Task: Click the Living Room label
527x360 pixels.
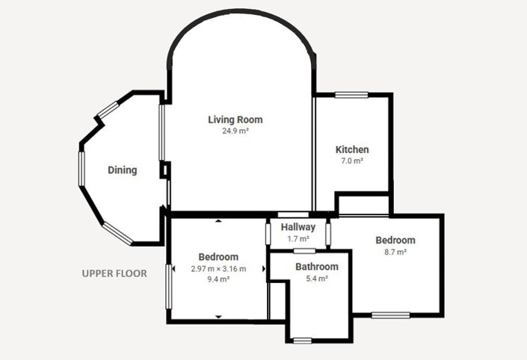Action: (235, 120)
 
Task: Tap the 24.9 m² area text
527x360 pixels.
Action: (235, 131)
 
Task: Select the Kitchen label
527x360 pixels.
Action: (352, 149)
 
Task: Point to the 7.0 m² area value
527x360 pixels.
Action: (352, 161)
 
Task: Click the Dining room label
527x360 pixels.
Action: (123, 170)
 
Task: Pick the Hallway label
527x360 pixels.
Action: (298, 227)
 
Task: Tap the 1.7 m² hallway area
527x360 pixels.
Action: (298, 239)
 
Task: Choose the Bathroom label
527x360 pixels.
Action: (317, 267)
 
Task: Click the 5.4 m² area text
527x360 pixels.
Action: (317, 279)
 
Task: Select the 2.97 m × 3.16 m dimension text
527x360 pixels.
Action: (218, 269)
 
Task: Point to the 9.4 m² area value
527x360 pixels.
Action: (218, 279)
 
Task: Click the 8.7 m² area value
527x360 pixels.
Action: (395, 252)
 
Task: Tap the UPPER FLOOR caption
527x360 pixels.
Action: (114, 273)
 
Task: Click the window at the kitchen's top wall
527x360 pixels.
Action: (351, 95)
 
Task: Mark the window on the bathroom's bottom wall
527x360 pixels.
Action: (303, 341)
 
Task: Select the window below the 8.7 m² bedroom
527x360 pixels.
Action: (390, 315)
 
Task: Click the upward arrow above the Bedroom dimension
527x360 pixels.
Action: (218, 221)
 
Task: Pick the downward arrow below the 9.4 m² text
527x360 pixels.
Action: (218, 317)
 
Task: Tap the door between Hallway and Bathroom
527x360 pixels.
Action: (304, 251)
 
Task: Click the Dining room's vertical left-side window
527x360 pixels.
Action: (81, 169)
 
